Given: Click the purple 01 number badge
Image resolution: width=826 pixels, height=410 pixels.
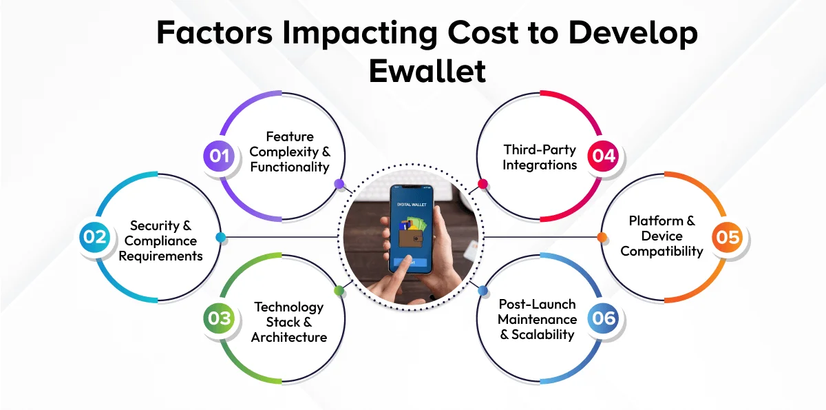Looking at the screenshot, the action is tap(219, 156).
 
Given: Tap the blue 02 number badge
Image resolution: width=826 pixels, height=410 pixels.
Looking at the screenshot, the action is tap(95, 237).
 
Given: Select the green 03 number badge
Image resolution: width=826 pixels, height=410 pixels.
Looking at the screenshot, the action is tap(219, 318).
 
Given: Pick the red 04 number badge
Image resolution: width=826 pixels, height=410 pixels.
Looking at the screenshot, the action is tap(603, 156).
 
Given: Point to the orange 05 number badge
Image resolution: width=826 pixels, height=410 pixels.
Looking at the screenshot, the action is tap(728, 237).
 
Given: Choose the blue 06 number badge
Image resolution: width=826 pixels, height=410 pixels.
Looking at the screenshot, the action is tap(603, 318).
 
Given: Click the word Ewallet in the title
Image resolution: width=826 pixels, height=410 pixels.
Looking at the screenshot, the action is tap(427, 71).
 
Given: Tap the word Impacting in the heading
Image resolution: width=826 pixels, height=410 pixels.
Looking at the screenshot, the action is tap(360, 33).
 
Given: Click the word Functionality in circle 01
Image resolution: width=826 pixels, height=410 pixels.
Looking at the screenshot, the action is tap(290, 167).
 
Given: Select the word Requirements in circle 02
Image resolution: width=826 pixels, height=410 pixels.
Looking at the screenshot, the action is tap(160, 256).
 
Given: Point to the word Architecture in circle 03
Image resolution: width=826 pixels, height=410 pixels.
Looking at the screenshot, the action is tap(289, 337).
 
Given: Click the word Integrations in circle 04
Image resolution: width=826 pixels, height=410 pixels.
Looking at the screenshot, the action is tap(540, 165).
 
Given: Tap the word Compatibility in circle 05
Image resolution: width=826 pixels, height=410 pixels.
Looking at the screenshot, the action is tap(661, 252).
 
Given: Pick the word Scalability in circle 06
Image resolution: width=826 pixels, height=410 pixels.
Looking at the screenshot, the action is tap(542, 335).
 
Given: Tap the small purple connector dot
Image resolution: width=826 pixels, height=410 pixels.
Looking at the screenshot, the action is tap(339, 184).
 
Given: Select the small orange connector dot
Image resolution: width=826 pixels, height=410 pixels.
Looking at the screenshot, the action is tap(602, 237).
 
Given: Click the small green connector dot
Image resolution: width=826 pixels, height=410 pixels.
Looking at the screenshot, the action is tap(339, 291).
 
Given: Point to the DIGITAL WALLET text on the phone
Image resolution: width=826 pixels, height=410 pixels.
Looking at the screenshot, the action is tap(412, 205).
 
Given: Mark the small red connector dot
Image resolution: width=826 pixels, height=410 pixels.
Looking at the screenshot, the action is tap(483, 184).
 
